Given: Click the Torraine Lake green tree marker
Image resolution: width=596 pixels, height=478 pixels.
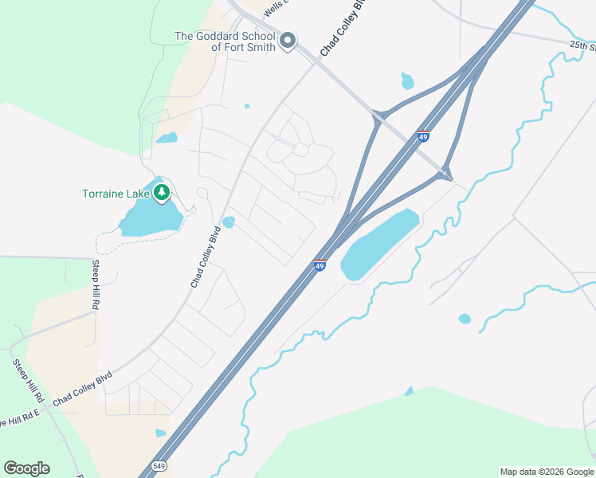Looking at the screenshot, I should pyautogui.click(x=162, y=193).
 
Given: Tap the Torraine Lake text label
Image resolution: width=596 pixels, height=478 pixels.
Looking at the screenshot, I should pyautogui.click(x=117, y=194).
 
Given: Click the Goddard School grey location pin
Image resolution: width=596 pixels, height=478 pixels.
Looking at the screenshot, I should pyautogui.click(x=288, y=40).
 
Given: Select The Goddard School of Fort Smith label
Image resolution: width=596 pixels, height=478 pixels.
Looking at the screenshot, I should pyautogui.click(x=225, y=41).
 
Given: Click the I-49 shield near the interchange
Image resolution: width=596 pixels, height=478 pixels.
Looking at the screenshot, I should pyautogui.click(x=423, y=136).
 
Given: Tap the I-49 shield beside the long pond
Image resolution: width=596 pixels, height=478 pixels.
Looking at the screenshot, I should pyautogui.click(x=320, y=264).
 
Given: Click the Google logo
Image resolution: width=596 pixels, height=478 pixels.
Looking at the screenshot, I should pyautogui.click(x=26, y=468).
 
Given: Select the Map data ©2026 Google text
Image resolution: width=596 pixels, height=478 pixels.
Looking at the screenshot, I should pyautogui.click(x=547, y=472).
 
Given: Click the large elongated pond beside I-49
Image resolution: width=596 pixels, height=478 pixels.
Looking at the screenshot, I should pyautogui.click(x=379, y=244).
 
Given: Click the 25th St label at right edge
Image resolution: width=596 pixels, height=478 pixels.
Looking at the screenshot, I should pyautogui.click(x=582, y=45).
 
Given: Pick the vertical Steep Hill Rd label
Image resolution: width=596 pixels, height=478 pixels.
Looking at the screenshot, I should pyautogui.click(x=95, y=284).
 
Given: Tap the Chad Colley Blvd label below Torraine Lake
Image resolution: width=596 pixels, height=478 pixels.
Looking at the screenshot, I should pyautogui.click(x=205, y=257).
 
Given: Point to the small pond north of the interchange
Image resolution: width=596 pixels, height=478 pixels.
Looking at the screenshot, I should pyautogui.click(x=407, y=80).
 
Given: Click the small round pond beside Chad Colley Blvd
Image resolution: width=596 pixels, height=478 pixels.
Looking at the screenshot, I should pyautogui.click(x=229, y=222).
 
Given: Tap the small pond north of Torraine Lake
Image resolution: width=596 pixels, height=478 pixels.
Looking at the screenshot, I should pyautogui.click(x=167, y=138).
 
